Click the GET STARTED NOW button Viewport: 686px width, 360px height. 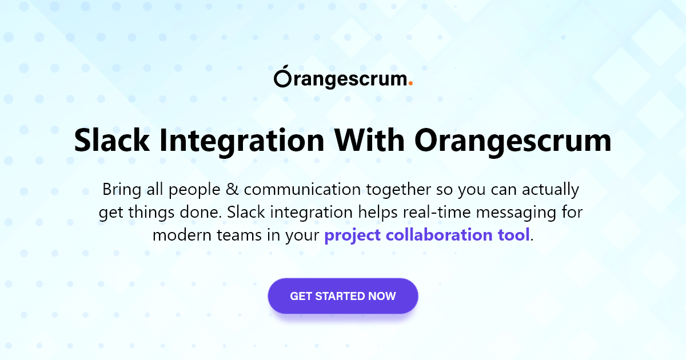pos(343,296)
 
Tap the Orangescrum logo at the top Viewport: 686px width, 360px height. pos(344,77)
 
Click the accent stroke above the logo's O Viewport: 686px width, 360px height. pos(286,67)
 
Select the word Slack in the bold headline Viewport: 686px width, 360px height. pos(112,140)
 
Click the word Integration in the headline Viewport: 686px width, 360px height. pos(242,143)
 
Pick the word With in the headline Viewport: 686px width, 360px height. pos(369,140)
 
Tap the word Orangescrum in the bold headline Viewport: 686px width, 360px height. pos(513,143)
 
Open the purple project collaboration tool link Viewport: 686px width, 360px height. pos(427,235)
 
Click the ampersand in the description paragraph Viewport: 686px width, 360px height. pos(232,190)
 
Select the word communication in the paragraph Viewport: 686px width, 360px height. pos(302,189)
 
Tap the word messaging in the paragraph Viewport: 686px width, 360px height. pos(516,213)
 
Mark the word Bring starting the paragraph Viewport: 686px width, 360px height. pos(122,190)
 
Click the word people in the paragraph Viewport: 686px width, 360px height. pos(194,190)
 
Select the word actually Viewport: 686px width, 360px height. pos(551,190)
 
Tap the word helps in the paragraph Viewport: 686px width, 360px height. pos(378,213)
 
